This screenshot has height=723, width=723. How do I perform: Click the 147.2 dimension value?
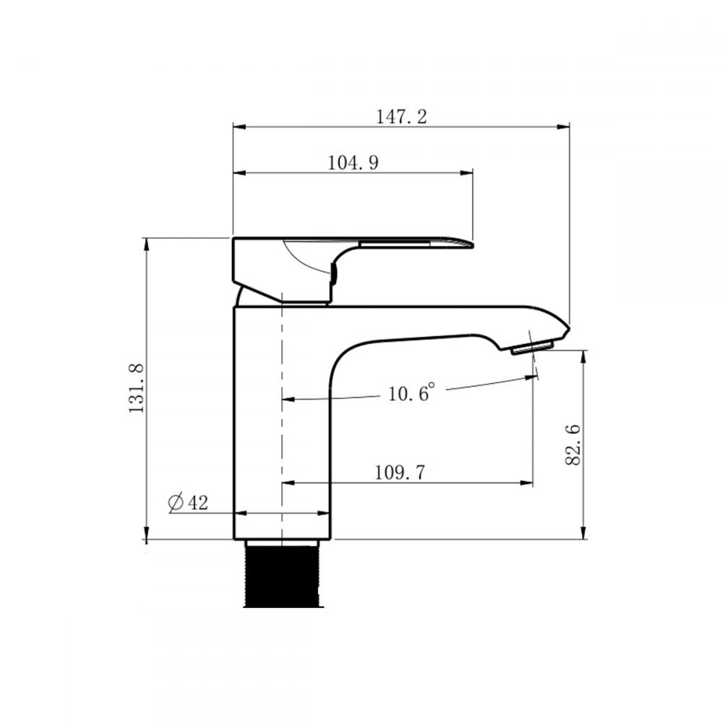401,117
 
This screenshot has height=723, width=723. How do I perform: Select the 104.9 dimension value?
353,163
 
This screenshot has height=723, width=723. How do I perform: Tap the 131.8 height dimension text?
137,388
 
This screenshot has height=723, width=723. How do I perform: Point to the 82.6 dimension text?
573,445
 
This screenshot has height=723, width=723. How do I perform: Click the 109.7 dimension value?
399,473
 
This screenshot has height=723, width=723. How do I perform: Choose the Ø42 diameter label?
188,502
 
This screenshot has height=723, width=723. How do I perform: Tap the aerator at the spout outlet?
533,347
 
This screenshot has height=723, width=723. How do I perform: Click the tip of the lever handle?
472,244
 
